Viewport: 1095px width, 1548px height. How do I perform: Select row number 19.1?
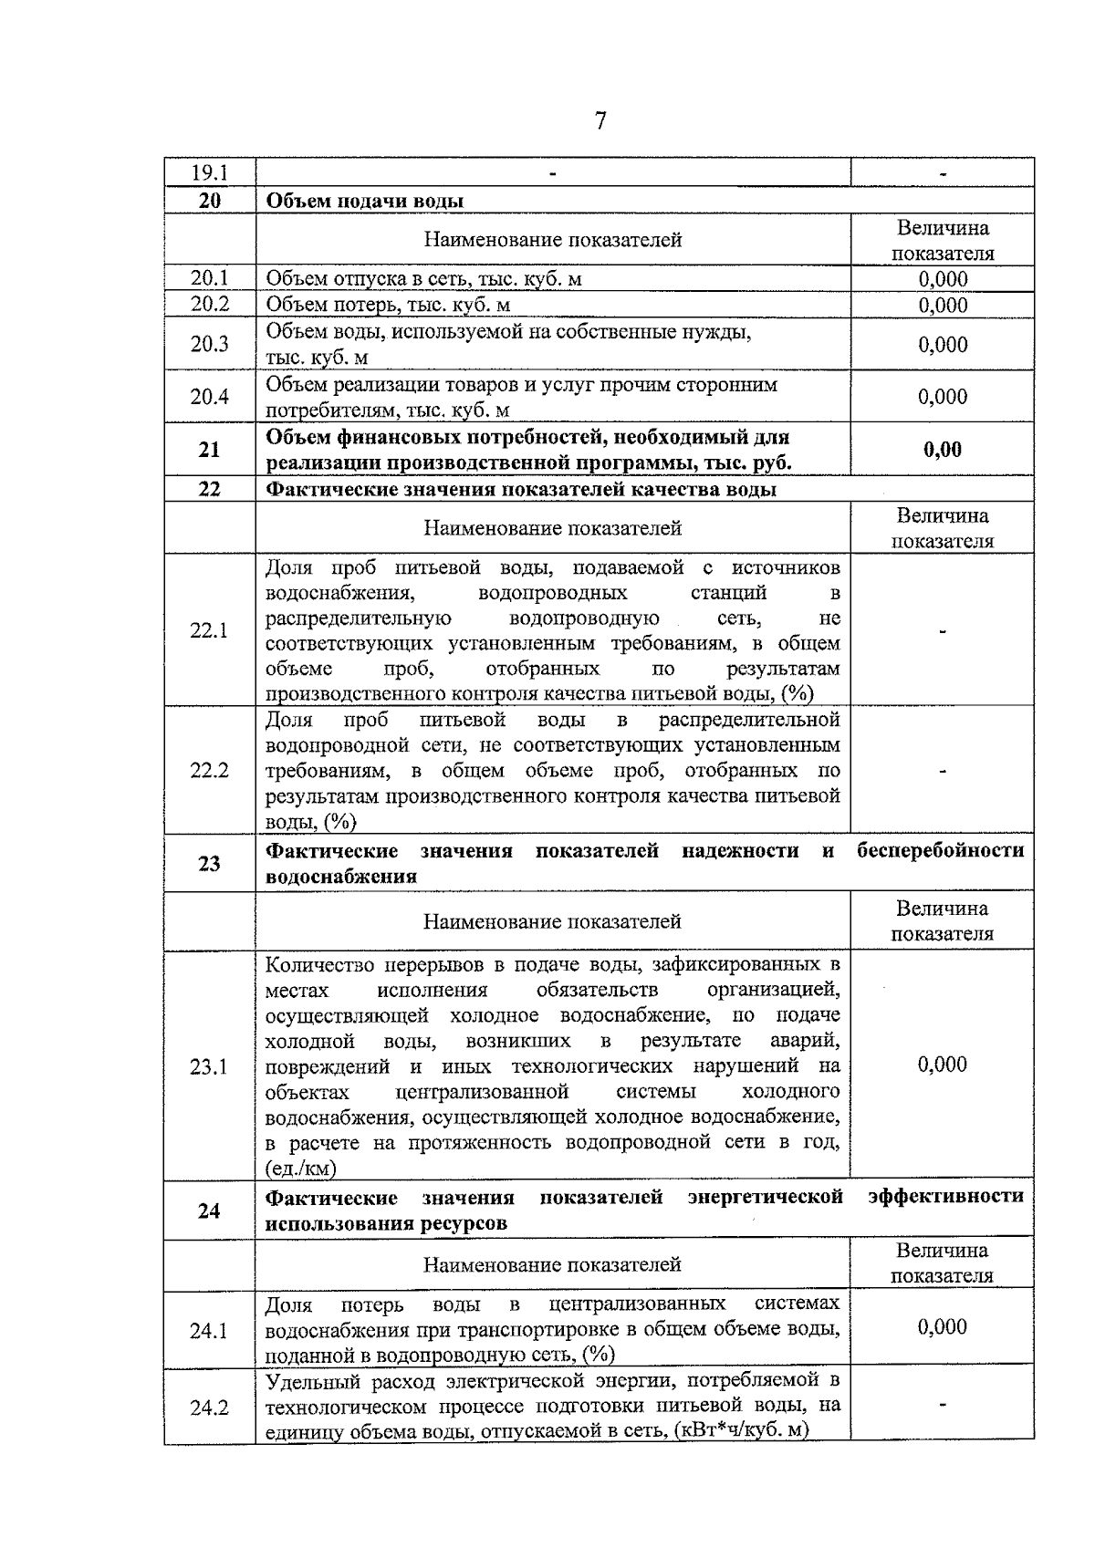pyautogui.click(x=209, y=172)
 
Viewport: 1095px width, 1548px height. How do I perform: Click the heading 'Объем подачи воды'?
pyautogui.click(x=364, y=201)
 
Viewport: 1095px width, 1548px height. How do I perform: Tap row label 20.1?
pyautogui.click(x=209, y=278)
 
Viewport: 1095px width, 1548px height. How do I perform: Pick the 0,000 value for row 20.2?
pyautogui.click(x=943, y=305)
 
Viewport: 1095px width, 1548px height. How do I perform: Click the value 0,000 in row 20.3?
pyautogui.click(x=943, y=344)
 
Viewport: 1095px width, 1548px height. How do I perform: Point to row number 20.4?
pyautogui.click(x=209, y=396)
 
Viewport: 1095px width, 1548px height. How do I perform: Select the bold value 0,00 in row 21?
pyautogui.click(x=943, y=449)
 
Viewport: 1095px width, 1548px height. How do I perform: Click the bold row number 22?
pyautogui.click(x=209, y=489)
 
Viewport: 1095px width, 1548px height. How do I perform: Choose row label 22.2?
pyautogui.click(x=209, y=771)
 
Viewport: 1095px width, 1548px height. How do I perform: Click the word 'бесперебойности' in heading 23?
pyautogui.click(x=940, y=851)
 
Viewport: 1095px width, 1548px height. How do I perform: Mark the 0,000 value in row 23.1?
pyautogui.click(x=943, y=1065)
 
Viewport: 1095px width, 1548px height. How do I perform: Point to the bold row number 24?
pyautogui.click(x=209, y=1210)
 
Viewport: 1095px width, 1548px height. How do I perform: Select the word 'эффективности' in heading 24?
pyautogui.click(x=945, y=1196)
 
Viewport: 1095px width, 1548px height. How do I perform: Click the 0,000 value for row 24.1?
pyautogui.click(x=943, y=1326)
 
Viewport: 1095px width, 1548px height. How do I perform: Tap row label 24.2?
pyautogui.click(x=209, y=1408)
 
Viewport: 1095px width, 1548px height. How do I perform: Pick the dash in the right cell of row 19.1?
pyautogui.click(x=943, y=172)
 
